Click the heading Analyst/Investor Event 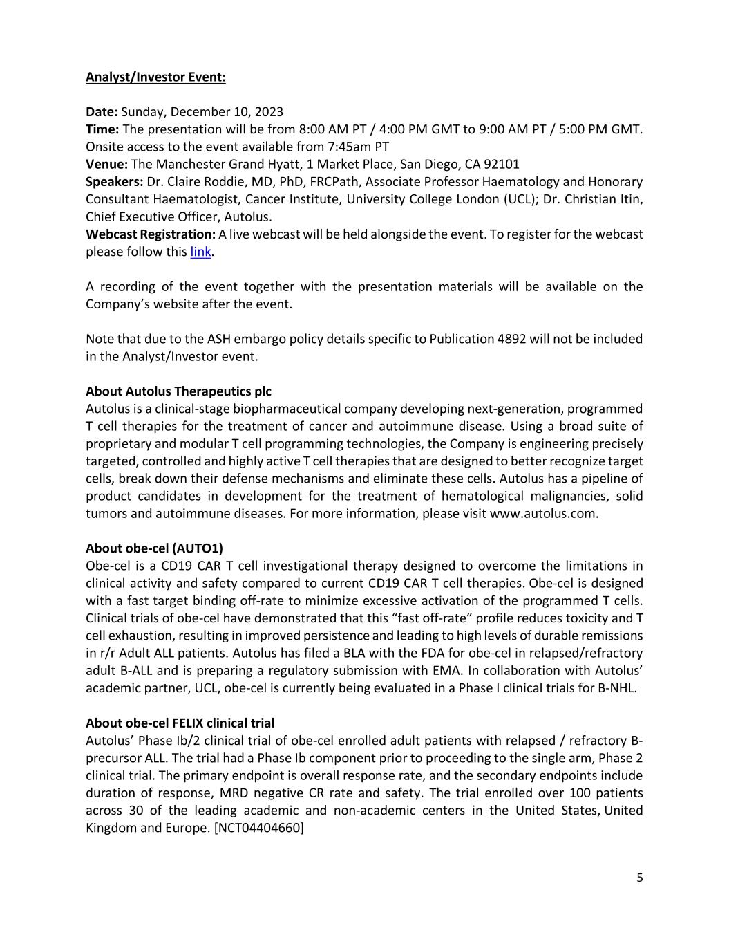(155, 77)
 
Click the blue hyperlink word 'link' (200, 252)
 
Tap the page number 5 (639, 878)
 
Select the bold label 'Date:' (102, 112)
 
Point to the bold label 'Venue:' (106, 165)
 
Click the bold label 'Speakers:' (114, 182)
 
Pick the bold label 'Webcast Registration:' (151, 234)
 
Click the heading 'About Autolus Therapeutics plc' (178, 391)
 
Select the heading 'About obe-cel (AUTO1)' (154, 548)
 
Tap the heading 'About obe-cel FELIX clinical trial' (180, 723)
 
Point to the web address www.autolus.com (542, 514)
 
